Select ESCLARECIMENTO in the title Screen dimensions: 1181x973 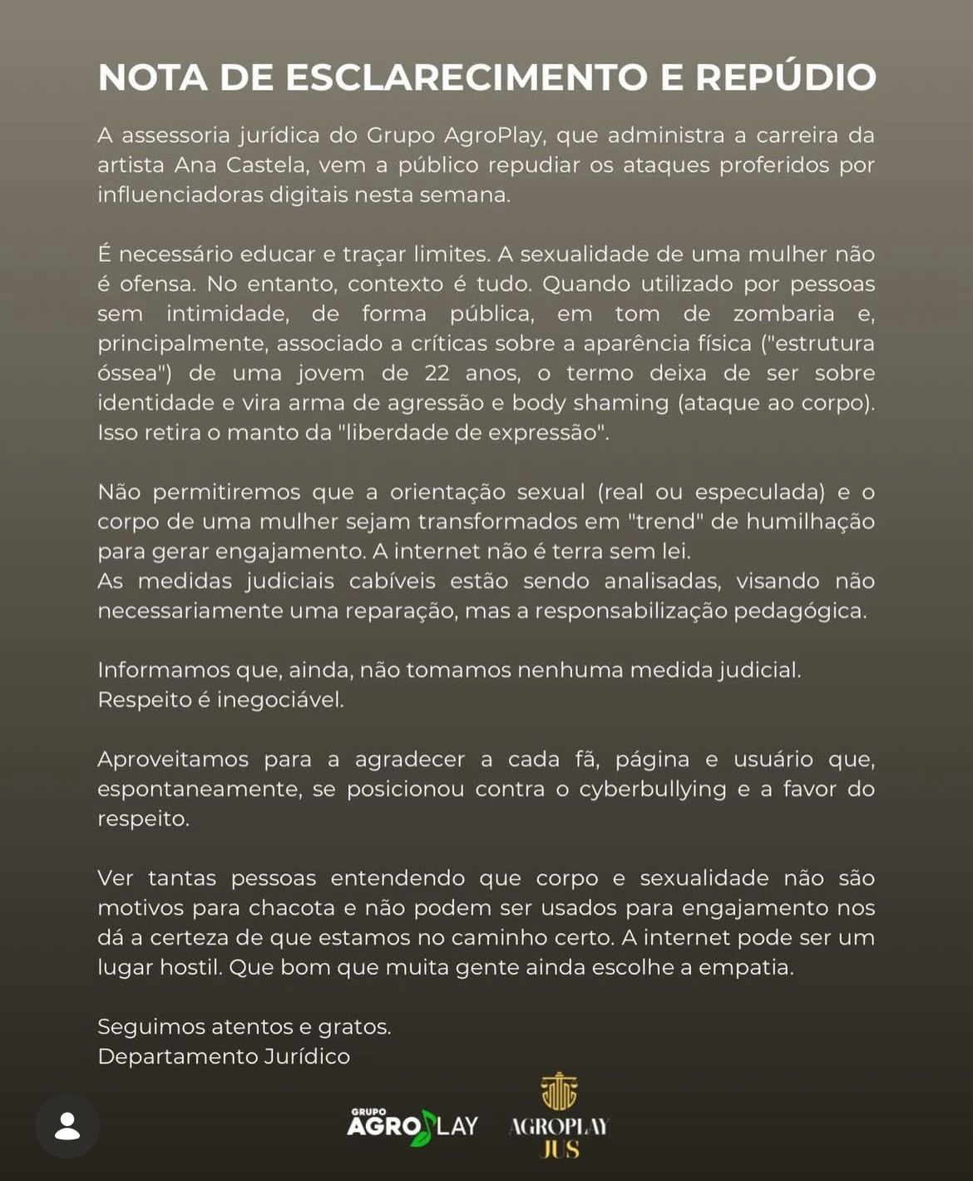tap(467, 77)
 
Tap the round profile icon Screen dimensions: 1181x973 tap(67, 1126)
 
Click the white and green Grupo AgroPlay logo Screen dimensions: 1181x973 tap(412, 1126)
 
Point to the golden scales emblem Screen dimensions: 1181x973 tap(559, 1092)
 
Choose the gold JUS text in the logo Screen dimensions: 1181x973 tap(560, 1150)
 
